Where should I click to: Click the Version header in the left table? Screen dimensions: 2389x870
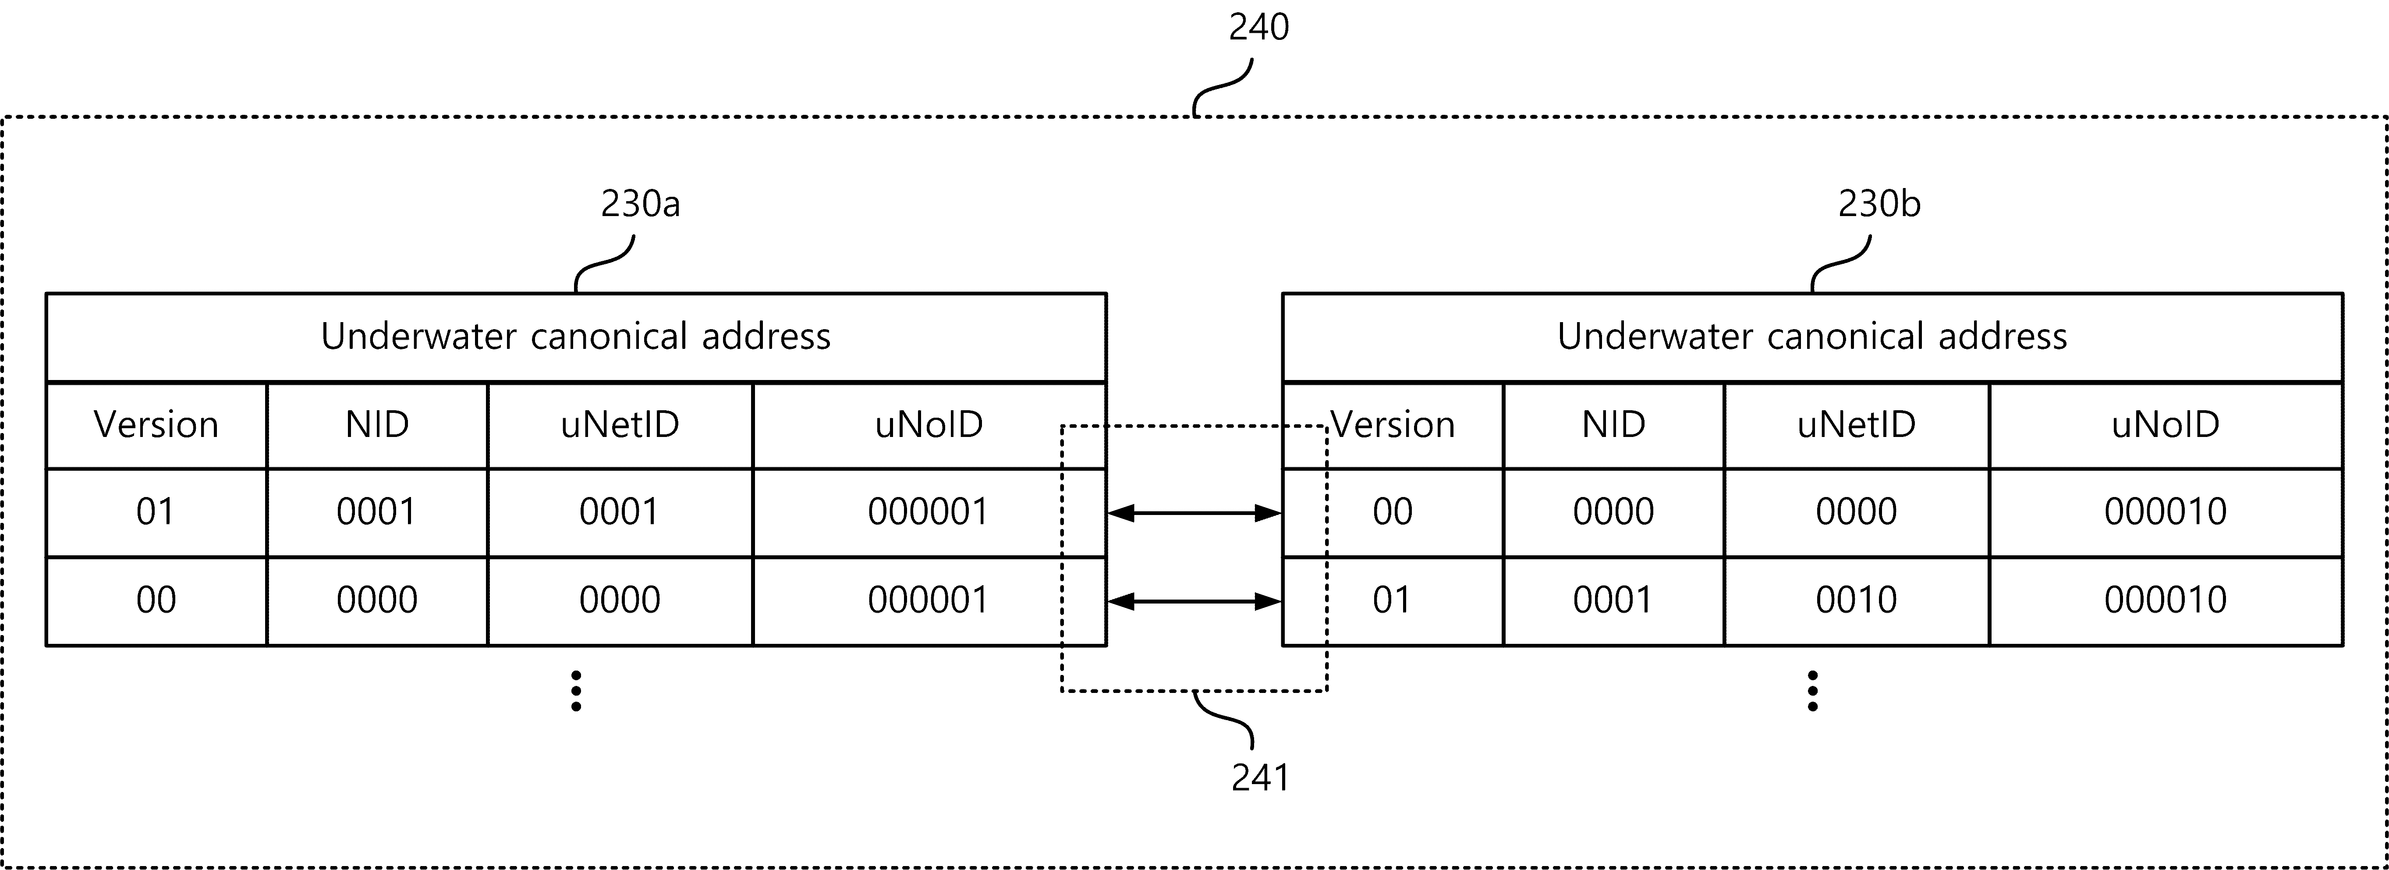[156, 425]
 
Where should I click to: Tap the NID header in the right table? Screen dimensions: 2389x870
[1614, 425]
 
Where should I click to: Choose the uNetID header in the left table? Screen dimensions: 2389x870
[620, 425]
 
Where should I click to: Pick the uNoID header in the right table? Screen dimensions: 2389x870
[2166, 425]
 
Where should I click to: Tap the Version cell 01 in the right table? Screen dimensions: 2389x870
[1392, 600]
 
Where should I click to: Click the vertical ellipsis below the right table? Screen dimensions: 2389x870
[1812, 691]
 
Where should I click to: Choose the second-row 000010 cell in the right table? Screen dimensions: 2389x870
[2166, 600]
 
